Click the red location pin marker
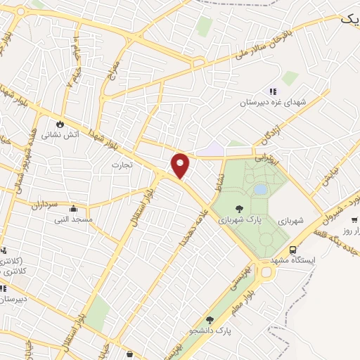181,165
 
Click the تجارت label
121,165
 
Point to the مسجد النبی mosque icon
73,208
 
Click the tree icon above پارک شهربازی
239,208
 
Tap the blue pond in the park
260,189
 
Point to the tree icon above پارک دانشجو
209,319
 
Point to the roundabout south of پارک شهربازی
266,272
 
